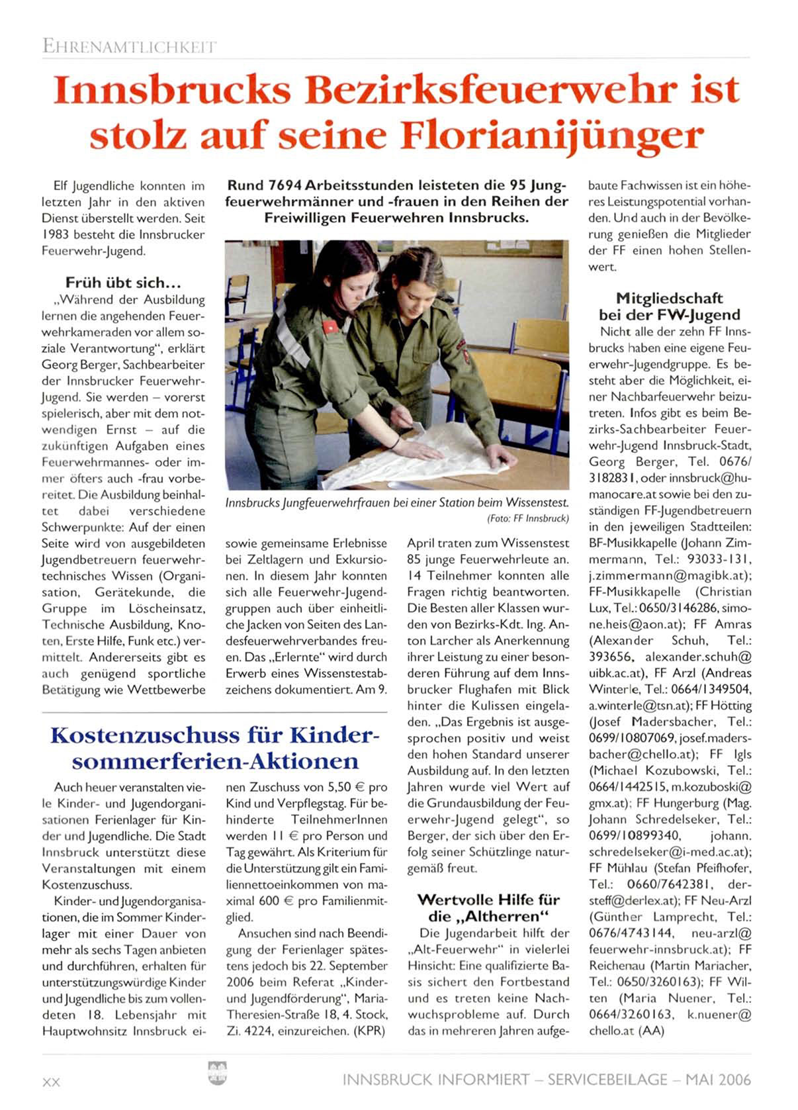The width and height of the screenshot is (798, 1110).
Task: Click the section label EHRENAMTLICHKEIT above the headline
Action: coord(129,47)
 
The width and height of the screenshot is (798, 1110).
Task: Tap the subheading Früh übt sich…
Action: coord(122,283)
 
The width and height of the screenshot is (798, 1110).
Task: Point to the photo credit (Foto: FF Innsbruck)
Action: coord(528,518)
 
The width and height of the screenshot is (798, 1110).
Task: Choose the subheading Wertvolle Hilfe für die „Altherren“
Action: coord(488,908)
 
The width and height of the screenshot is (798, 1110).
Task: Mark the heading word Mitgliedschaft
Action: coord(669,298)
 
